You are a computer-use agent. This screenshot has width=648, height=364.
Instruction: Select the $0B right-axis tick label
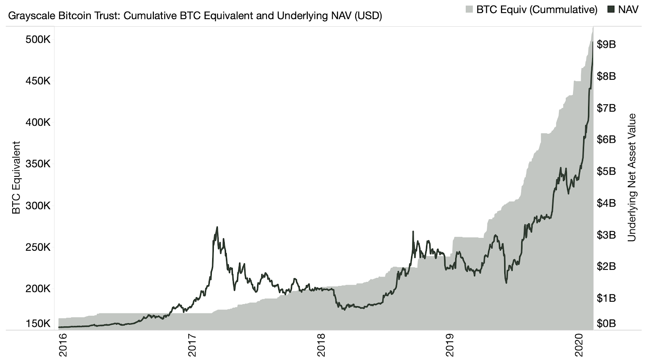[x=606, y=324]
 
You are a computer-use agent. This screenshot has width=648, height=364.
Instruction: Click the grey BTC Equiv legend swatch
[x=469, y=9]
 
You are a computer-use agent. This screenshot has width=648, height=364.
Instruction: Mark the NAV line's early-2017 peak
[x=217, y=227]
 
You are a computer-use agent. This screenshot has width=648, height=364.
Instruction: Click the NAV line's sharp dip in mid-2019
[x=506, y=282]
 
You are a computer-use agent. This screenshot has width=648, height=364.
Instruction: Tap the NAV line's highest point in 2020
[x=593, y=42]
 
